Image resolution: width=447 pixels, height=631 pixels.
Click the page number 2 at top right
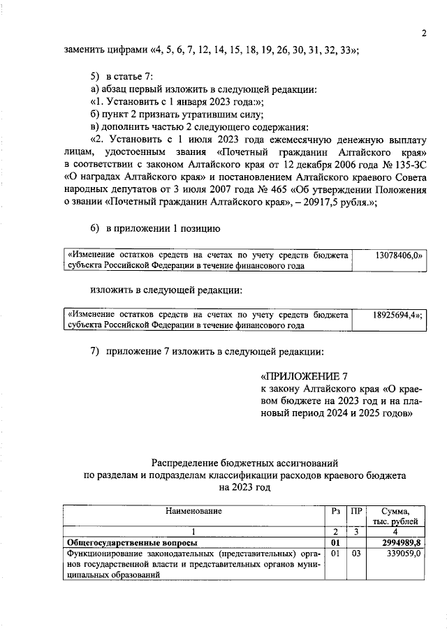[423, 34]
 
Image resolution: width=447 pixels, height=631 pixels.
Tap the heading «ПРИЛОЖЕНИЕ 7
[303, 375]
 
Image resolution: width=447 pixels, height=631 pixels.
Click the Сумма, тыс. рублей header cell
[396, 517]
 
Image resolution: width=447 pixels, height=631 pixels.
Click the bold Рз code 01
[335, 542]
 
